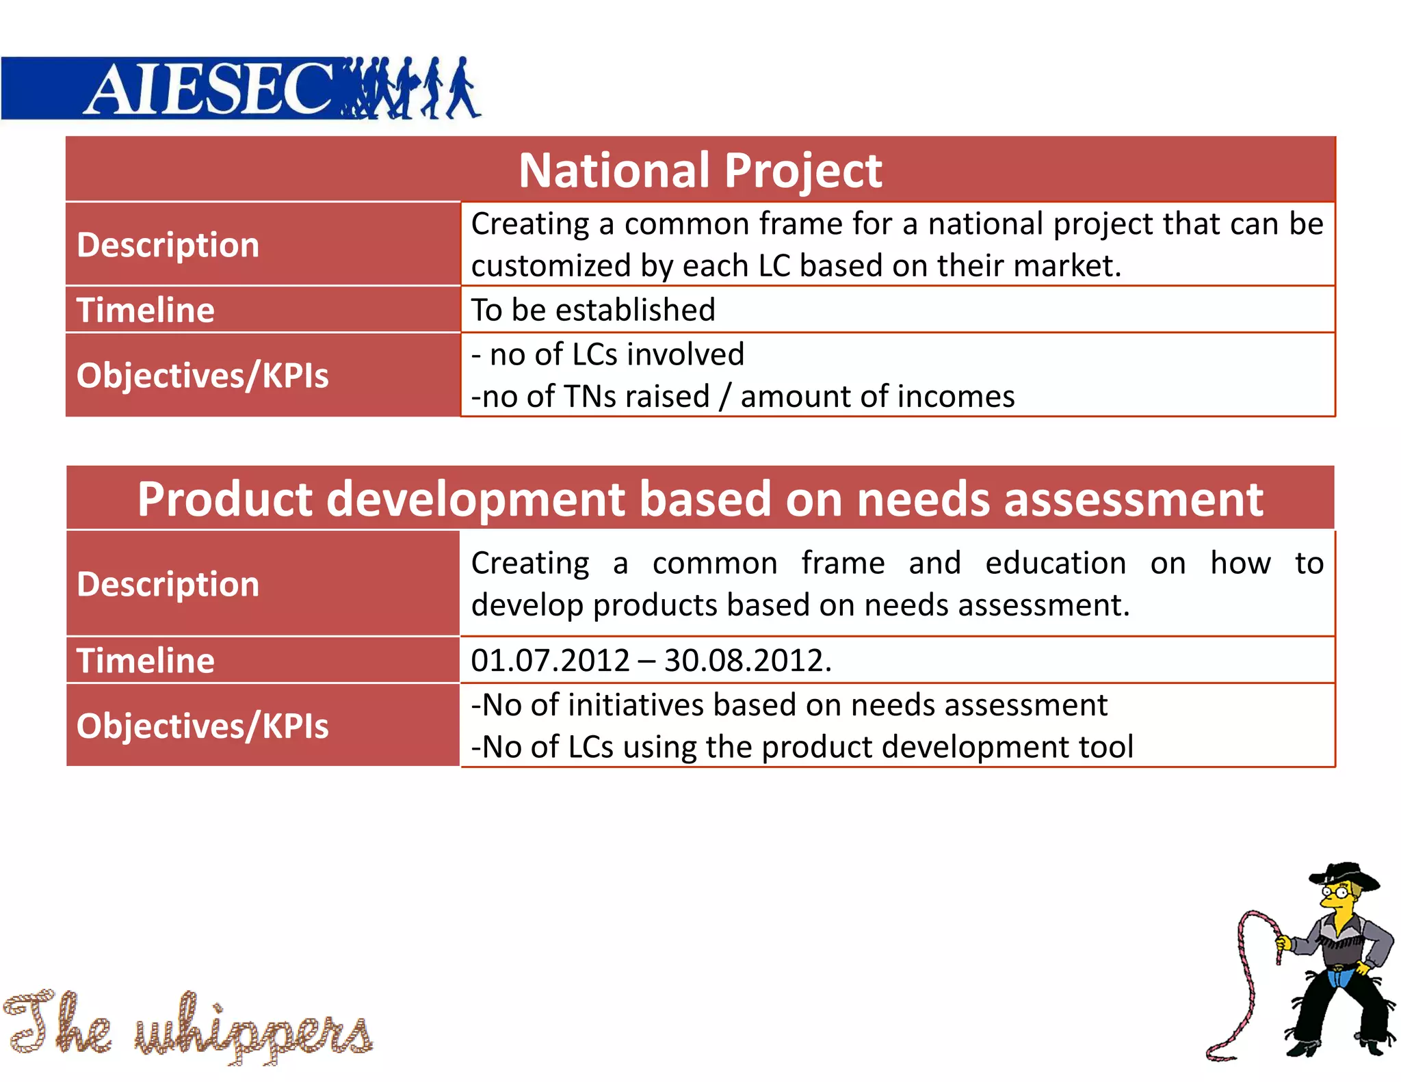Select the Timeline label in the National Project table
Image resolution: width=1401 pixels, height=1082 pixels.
145,310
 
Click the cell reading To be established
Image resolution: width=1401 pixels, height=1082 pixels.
593,310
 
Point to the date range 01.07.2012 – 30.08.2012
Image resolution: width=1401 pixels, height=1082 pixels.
651,661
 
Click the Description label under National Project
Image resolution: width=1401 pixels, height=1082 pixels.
168,245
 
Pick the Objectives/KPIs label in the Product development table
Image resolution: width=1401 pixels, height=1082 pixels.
202,726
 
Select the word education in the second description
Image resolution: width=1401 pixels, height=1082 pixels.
1055,564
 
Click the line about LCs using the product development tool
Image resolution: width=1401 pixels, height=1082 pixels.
802,747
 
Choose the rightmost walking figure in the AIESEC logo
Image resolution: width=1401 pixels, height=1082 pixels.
462,88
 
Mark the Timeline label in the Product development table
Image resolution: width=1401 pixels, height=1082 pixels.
145,661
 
